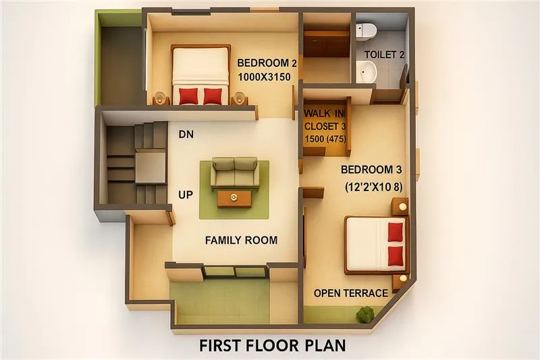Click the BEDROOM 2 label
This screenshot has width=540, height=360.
pos(267,63)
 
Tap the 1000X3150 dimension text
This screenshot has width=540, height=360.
pos(265,76)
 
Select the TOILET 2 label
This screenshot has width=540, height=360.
pos(384,55)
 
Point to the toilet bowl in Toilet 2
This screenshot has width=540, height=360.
pos(366,30)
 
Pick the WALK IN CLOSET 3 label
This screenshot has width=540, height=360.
pos(325,120)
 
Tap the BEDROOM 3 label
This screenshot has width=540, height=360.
pos(371,170)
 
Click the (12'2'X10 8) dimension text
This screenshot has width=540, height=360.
pos(374,186)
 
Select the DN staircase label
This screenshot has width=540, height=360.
pos(186,134)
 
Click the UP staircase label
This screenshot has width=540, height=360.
pos(186,195)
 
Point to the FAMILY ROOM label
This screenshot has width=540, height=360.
pos(241,240)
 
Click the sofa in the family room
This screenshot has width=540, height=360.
pos(234,173)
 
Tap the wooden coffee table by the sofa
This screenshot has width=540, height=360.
pos(234,199)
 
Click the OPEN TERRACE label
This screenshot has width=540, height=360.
pos(350,293)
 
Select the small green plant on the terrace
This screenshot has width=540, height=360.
pos(365,314)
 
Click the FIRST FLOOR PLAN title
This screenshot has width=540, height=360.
pos(273,346)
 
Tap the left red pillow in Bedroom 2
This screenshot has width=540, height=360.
pos(188,96)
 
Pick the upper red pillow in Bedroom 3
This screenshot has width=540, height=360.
pos(396,232)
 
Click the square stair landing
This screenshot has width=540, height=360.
pos(150,166)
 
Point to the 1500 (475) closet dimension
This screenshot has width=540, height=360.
pos(325,139)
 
